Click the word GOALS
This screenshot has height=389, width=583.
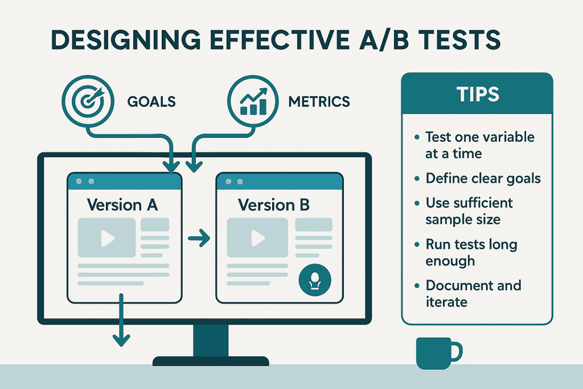point(151,102)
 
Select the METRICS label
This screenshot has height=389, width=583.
point(319,102)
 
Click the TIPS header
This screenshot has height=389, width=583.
point(477,95)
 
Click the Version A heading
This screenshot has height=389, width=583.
point(122,204)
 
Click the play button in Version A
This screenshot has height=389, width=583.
point(106,238)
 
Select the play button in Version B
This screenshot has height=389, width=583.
point(257,238)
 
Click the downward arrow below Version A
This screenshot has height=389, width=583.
point(120,325)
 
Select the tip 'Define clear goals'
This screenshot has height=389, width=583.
point(483,178)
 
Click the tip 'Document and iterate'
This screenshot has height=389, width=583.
point(473,293)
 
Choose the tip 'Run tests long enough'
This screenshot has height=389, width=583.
point(471,252)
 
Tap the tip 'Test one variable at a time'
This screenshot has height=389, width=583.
point(479,145)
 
